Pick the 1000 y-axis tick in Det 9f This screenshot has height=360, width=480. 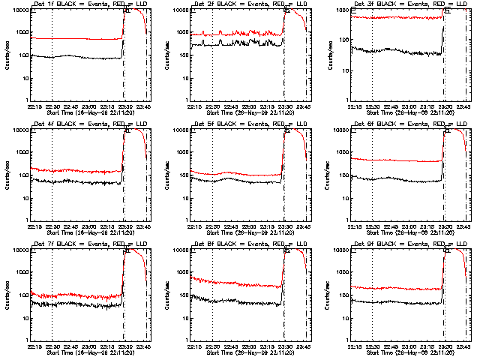pos(345,272)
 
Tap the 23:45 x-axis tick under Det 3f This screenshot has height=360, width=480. pos(464,106)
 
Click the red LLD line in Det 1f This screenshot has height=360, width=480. pos(75,38)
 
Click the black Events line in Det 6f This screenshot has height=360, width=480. pos(397,179)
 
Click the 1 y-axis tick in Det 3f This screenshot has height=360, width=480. pos(347,100)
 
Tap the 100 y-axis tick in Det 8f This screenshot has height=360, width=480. pos(185,295)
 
